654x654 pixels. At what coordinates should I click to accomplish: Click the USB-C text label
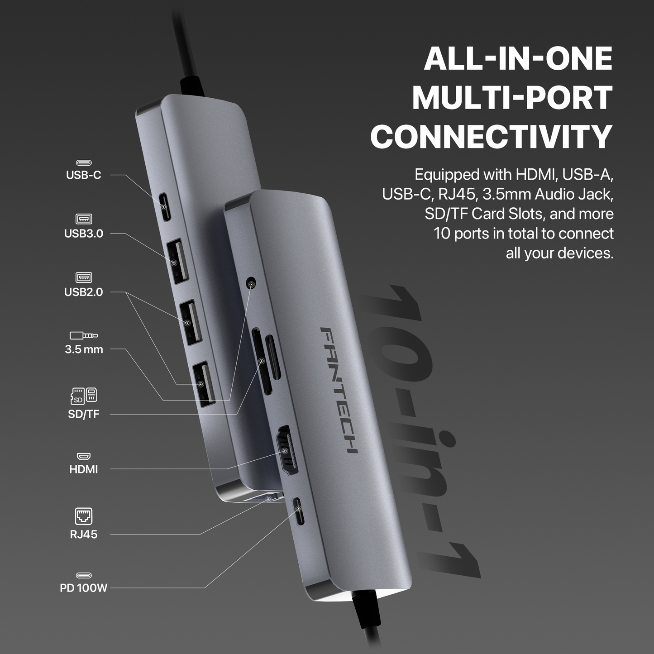83,175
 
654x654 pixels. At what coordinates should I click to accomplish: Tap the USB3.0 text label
83,234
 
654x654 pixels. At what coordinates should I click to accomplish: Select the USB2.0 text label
83,292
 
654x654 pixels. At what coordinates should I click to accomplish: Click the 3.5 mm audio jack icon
84,335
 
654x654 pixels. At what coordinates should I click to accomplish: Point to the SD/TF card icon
84,396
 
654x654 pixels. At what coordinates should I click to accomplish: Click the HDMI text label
83,469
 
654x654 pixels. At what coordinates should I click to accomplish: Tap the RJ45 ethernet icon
84,516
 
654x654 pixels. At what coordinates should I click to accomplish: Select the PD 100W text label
83,588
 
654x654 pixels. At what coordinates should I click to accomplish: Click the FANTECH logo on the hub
339,389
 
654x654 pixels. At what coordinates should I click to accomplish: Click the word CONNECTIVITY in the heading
491,137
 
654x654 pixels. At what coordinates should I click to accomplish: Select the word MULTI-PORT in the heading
512,98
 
